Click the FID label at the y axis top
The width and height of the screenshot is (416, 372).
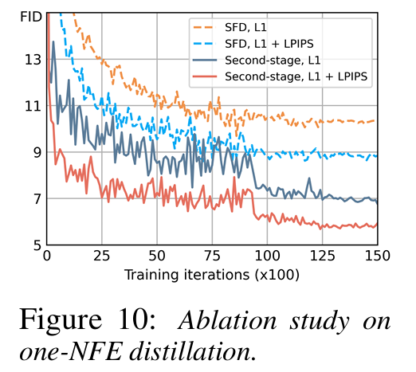point(31,15)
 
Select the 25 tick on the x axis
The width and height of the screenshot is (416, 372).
point(101,257)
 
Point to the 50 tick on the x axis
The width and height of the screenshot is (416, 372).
point(156,257)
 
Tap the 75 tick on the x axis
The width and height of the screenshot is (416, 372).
point(212,257)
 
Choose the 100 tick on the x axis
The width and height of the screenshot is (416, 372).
point(267,257)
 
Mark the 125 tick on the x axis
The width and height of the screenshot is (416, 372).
point(322,257)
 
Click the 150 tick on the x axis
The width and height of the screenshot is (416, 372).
point(376,257)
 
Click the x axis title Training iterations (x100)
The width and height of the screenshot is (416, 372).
point(211,275)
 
